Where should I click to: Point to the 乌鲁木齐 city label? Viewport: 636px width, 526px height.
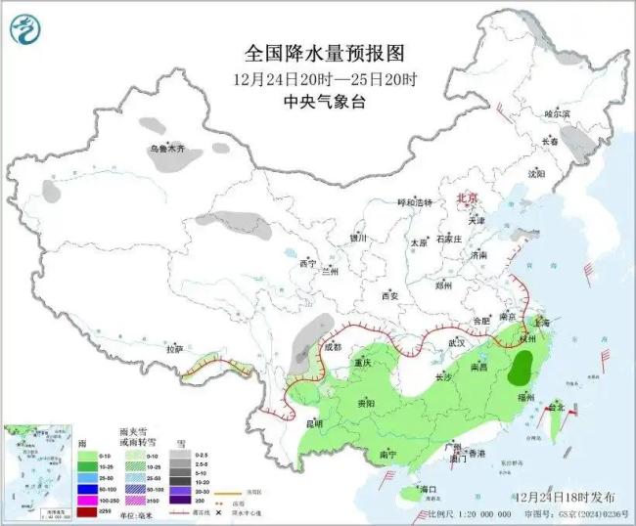[167, 150]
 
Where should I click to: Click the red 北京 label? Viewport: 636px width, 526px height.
[468, 198]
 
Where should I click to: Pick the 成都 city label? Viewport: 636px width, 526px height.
[332, 347]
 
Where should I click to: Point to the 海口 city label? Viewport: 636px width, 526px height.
[428, 488]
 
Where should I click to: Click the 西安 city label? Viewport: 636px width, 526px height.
[390, 294]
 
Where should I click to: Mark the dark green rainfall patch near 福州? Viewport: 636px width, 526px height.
[525, 370]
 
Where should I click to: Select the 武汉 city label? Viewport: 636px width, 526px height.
[457, 343]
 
